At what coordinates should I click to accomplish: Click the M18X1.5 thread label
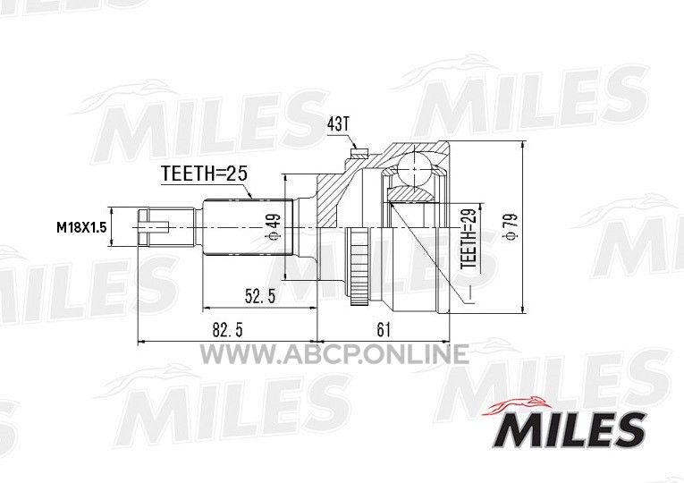tap(81, 227)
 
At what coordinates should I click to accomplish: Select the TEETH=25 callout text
tap(204, 174)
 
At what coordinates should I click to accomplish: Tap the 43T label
tap(338, 125)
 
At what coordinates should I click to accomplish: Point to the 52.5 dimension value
tap(260, 297)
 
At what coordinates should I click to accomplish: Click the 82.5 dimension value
tap(227, 330)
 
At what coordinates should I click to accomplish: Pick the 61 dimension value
tap(383, 330)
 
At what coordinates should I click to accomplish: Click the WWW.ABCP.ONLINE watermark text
tap(334, 354)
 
